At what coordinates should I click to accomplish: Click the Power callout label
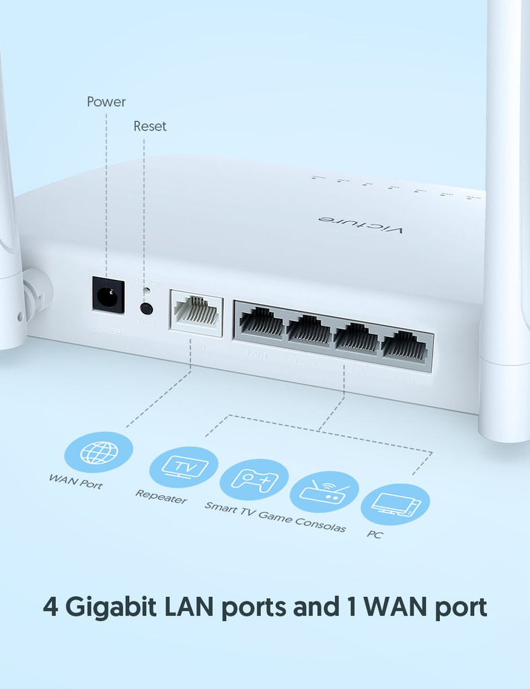coord(106,102)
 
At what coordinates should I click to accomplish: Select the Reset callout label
coord(149,126)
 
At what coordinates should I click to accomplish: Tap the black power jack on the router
coord(108,295)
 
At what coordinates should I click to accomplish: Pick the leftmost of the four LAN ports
coord(262,323)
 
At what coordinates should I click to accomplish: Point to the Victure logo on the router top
coord(361,225)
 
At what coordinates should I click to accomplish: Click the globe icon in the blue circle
coord(98,452)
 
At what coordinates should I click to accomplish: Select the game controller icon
coord(254,480)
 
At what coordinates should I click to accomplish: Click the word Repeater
coord(161,497)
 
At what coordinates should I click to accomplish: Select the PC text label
coord(375,534)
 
